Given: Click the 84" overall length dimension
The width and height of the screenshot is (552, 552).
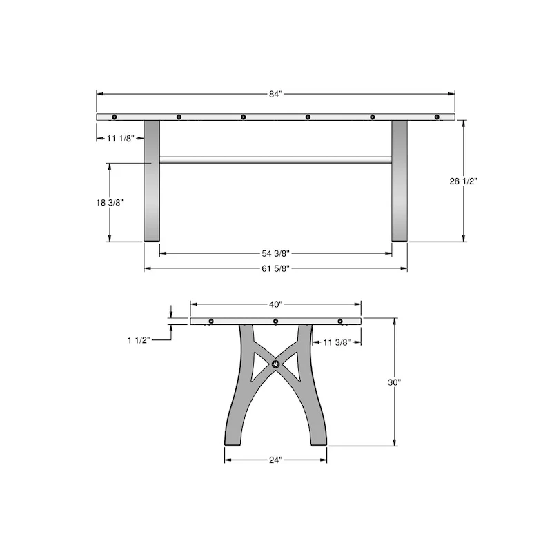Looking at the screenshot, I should point(276,94).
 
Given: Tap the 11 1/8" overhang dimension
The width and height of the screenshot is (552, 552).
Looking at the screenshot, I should point(120,139).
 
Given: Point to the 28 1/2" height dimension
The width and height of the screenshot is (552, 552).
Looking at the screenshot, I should point(463,181).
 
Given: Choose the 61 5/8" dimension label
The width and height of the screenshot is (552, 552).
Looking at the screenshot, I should point(276,268).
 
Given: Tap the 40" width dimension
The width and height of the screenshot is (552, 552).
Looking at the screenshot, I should point(276,304).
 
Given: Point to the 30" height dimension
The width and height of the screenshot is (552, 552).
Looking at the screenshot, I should point(394,382).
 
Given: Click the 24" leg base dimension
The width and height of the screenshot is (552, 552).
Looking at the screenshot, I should point(276,459).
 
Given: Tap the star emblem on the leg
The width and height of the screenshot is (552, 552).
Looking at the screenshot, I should point(276,364).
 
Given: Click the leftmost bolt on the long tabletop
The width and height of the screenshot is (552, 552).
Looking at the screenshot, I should point(115,117).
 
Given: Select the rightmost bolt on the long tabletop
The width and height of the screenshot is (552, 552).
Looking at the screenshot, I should point(437,117).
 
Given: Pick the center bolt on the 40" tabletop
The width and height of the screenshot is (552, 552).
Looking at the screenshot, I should point(276,322).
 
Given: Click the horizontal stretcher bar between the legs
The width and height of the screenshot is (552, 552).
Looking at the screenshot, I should point(276,161).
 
